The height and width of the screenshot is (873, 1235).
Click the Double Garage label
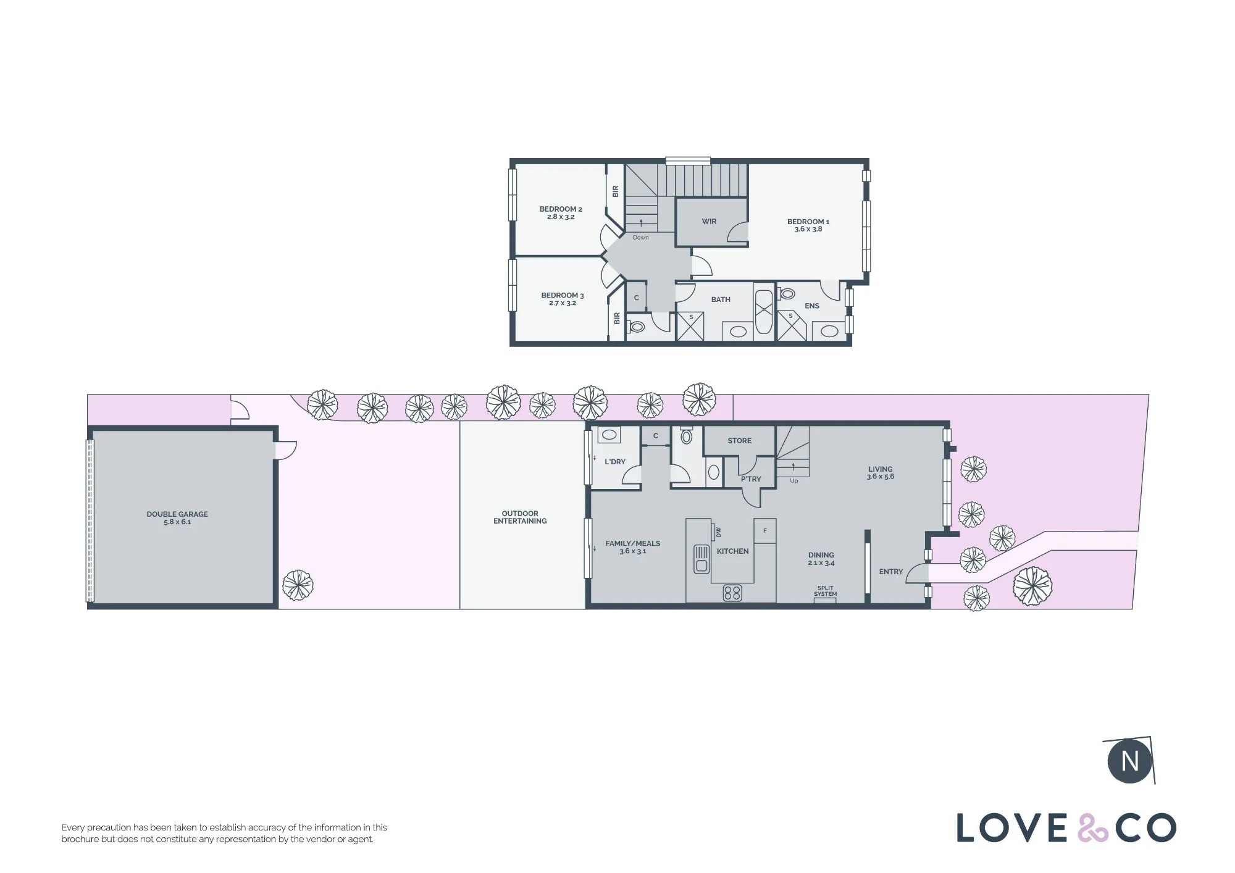pyautogui.click(x=177, y=514)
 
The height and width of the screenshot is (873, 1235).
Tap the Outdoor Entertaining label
pyautogui.click(x=520, y=517)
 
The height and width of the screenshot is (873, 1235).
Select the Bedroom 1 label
pyautogui.click(x=808, y=222)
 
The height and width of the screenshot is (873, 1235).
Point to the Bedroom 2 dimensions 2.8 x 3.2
pyautogui.click(x=561, y=217)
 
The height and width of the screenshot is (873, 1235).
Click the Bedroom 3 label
pyautogui.click(x=563, y=296)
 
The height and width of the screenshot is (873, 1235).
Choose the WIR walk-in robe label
pyautogui.click(x=709, y=222)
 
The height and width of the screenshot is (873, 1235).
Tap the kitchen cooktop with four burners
pyautogui.click(x=732, y=593)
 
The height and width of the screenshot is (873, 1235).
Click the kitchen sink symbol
pyautogui.click(x=701, y=559)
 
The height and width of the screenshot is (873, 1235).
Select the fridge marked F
pyautogui.click(x=765, y=531)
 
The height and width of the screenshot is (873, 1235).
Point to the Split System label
pyautogui.click(x=826, y=591)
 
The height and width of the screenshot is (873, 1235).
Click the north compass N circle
pyautogui.click(x=1130, y=761)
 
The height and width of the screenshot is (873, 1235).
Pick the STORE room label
pyautogui.click(x=740, y=441)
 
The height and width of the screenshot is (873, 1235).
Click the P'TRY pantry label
pyautogui.click(x=751, y=479)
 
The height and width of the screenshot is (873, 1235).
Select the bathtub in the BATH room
pyautogui.click(x=764, y=312)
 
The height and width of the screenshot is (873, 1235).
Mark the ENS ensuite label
pyautogui.click(x=812, y=306)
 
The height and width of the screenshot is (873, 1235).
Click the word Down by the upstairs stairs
pyautogui.click(x=641, y=238)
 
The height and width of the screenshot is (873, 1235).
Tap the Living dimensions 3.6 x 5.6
pyautogui.click(x=881, y=477)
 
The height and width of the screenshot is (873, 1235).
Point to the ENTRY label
pyautogui.click(x=891, y=572)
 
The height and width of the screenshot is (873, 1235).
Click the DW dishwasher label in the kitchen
pyautogui.click(x=718, y=532)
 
